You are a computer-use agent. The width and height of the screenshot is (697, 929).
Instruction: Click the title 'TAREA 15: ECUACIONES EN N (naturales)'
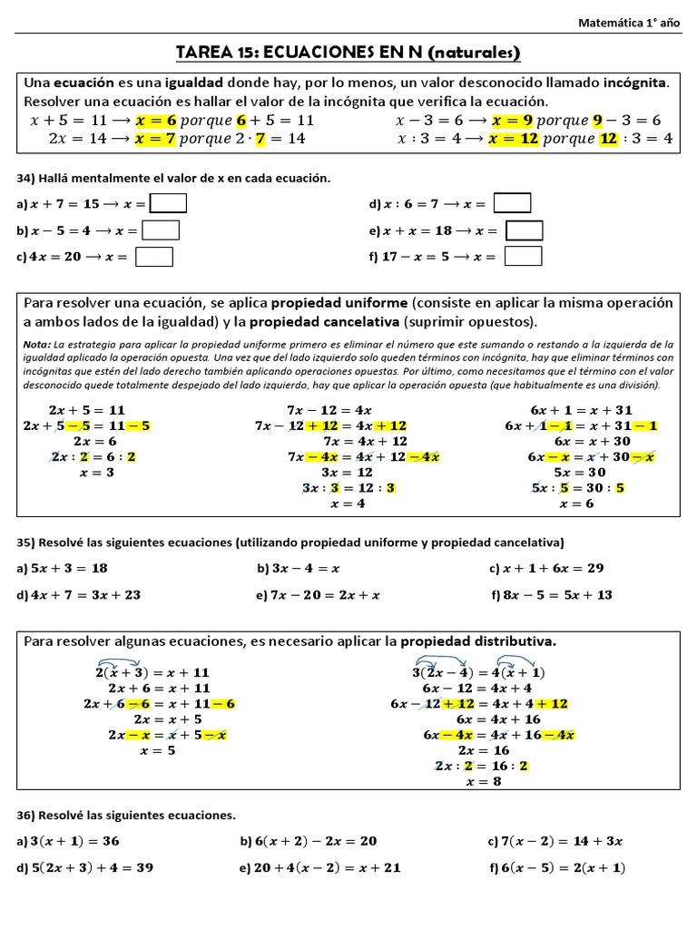348,52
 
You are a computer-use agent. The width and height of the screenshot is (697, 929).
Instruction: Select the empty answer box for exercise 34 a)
168,203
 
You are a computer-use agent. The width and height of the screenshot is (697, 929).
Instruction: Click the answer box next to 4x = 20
154,257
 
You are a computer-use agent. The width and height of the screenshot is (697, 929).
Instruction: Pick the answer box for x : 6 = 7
513,203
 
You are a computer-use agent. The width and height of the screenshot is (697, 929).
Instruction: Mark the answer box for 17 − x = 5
523,257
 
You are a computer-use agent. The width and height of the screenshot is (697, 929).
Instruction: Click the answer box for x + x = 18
524,230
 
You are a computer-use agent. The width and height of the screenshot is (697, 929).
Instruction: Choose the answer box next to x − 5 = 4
161,230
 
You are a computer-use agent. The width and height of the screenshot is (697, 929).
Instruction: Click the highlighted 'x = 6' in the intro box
155,120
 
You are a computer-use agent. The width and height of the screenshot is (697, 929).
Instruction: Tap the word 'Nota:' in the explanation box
37,345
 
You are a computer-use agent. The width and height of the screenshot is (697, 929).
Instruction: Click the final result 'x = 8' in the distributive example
483,781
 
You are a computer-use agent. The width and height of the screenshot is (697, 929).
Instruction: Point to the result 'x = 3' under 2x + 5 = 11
97,473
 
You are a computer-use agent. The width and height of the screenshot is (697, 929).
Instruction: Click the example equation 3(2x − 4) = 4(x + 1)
478,672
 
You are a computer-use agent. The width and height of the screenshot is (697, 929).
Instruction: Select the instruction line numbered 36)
126,815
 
